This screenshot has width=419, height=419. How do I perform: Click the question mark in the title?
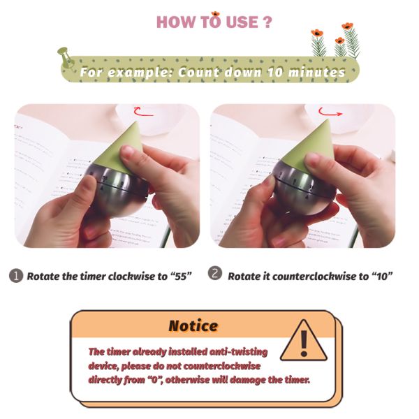point(267,22)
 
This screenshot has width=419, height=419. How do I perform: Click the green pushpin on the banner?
point(65,57)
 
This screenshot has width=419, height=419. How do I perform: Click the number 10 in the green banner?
point(275,72)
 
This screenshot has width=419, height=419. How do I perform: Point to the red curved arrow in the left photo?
point(143,112)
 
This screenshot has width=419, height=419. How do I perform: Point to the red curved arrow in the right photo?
point(330,112)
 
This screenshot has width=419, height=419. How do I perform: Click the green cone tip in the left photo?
point(137,123)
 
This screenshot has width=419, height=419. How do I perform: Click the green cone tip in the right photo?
point(328,121)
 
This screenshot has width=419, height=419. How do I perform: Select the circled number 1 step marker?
point(16,276)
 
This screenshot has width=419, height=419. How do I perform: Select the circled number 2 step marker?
point(215,273)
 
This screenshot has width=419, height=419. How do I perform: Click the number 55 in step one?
point(181,276)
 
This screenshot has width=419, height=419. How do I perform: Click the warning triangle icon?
point(304,341)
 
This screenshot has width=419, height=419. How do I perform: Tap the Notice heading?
point(193,326)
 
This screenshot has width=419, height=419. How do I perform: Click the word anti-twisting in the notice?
point(238,352)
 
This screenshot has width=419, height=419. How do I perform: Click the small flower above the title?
point(215,14)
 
